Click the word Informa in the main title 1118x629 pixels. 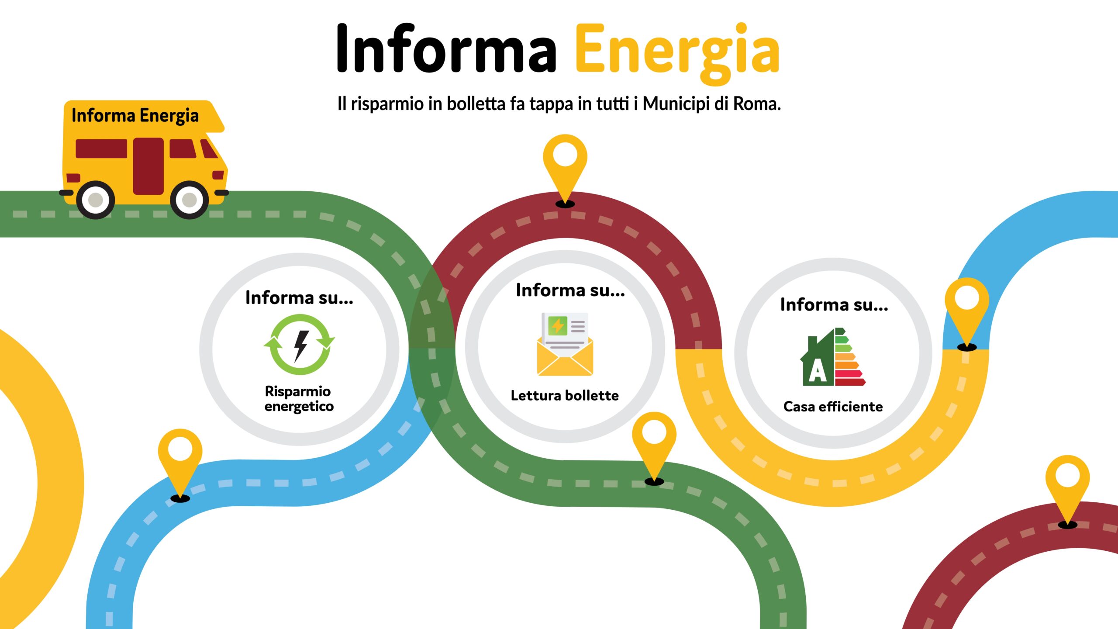pyautogui.click(x=445, y=49)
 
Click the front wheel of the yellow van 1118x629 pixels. pyautogui.click(x=189, y=200)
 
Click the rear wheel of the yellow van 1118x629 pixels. pyautogui.click(x=96, y=200)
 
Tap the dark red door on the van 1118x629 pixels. pyautogui.click(x=148, y=166)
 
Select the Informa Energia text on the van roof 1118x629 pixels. pyautogui.click(x=135, y=116)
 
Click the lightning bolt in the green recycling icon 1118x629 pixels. pyautogui.click(x=300, y=345)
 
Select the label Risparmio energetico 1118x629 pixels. pyautogui.click(x=299, y=398)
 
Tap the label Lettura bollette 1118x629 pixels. pyautogui.click(x=565, y=396)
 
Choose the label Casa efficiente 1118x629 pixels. pyautogui.click(x=833, y=407)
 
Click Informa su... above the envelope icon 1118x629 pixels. pyautogui.click(x=570, y=290)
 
